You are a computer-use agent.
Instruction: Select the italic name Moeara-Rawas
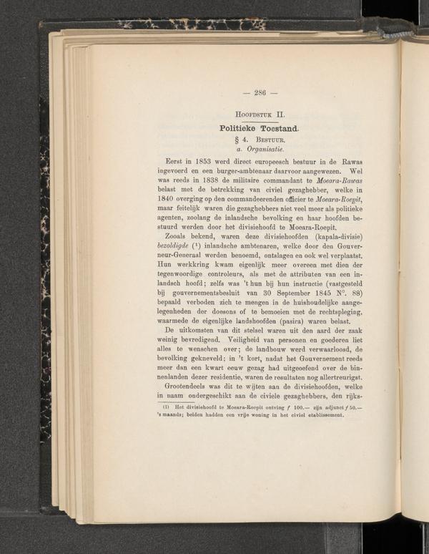point(355,182)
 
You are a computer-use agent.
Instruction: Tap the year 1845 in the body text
point(336,294)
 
